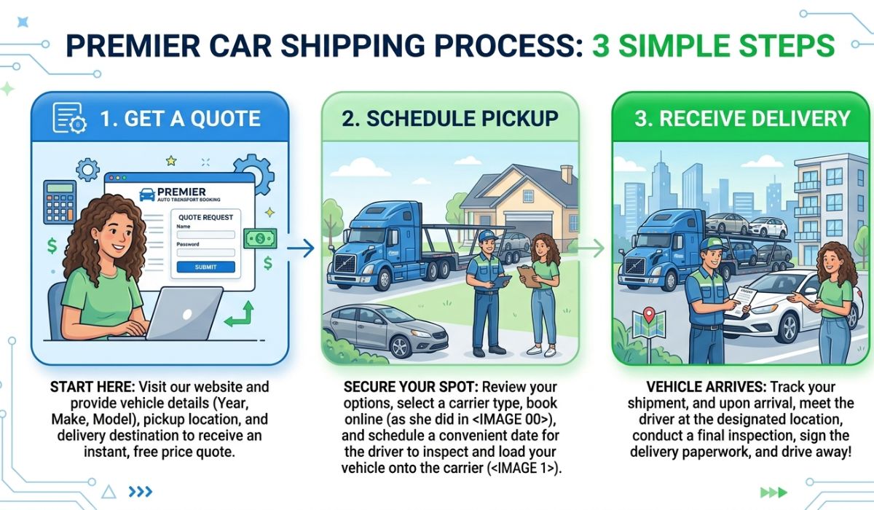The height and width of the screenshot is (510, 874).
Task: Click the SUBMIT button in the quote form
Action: (206, 267)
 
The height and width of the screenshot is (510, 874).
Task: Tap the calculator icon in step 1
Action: (60, 202)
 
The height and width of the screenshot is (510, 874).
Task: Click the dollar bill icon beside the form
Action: (260, 238)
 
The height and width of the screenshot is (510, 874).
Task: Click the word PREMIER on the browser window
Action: (186, 191)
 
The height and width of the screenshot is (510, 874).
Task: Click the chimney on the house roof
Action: (566, 174)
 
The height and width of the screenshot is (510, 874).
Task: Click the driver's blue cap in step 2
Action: (486, 235)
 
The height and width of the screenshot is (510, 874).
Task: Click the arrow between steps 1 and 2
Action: (300, 248)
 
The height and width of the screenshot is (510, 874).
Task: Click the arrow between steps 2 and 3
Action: (591, 248)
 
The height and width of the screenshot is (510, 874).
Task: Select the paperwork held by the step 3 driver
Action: (741, 301)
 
